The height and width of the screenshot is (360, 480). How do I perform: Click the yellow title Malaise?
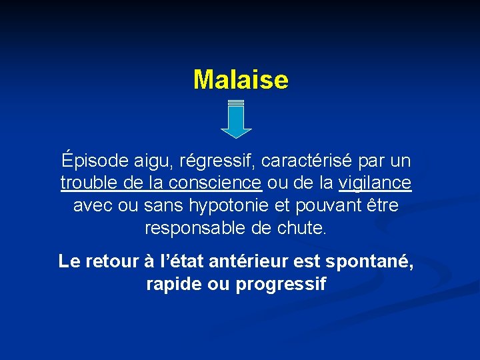click(x=241, y=80)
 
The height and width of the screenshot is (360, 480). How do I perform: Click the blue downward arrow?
click(x=235, y=120)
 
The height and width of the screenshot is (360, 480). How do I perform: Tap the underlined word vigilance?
click(x=375, y=183)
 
